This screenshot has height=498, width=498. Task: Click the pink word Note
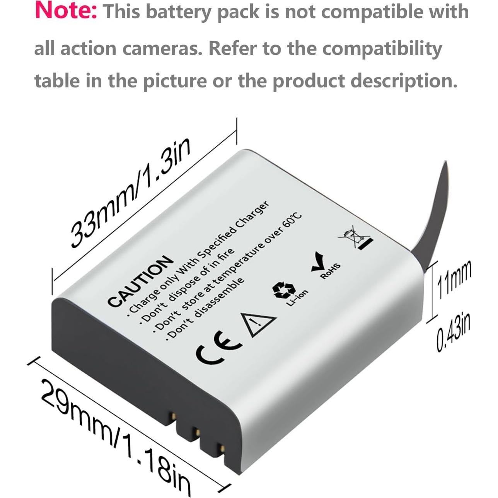tap(66, 11)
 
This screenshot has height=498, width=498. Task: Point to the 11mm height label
tap(454, 279)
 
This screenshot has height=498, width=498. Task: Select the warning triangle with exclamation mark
tap(257, 322)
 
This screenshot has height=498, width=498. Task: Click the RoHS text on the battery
tap(331, 271)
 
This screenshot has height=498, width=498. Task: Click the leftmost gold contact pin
tap(174, 416)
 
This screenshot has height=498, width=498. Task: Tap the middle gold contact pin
tap(197, 431)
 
